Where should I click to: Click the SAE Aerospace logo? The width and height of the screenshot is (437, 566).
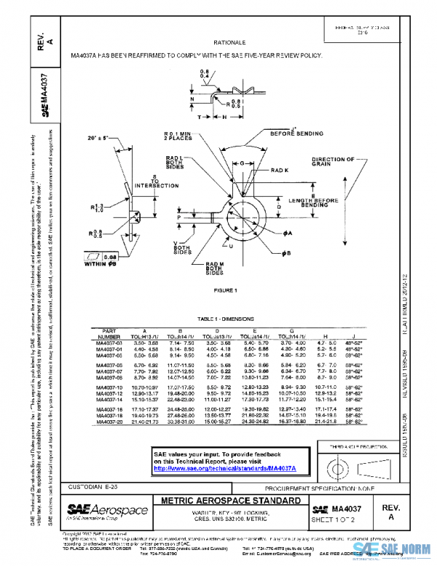(95, 508)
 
